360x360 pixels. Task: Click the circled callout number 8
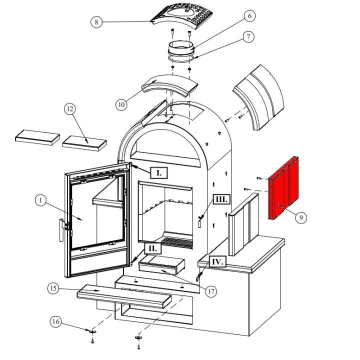(x=97, y=22)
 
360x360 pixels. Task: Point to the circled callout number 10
(x=121, y=104)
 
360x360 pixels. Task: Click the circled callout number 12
(x=70, y=109)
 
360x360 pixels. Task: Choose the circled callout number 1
(x=41, y=200)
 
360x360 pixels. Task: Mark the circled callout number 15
(x=53, y=288)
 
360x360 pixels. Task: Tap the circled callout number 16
(x=56, y=322)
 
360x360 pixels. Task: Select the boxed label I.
(x=159, y=173)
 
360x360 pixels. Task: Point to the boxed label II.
(x=153, y=248)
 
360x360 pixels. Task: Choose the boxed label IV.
(x=216, y=261)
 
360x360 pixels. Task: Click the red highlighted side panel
(x=284, y=188)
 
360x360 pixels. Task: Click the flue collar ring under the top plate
(x=181, y=50)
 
